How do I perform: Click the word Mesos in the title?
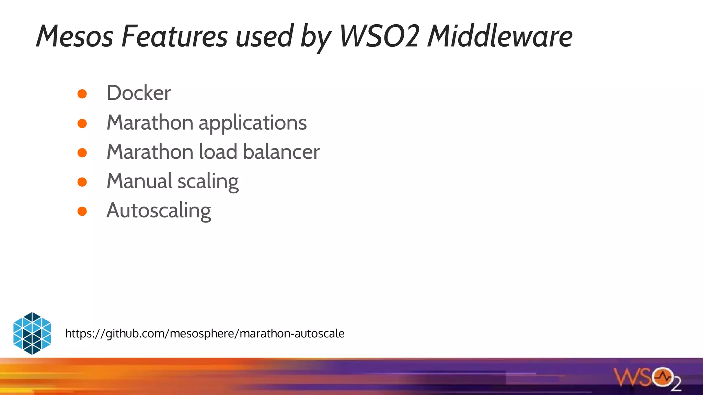pos(74,36)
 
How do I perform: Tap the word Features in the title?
pos(174,36)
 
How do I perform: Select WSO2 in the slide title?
pos(379,36)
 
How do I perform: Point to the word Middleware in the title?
pos(500,36)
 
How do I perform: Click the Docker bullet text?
pos(138,93)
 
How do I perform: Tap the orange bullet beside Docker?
pos(82,94)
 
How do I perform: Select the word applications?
pos(253,123)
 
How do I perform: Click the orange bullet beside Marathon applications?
pos(82,123)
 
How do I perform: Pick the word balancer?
pos(281,152)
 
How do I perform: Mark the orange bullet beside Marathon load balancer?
pos(82,153)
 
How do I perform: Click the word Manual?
pos(139,181)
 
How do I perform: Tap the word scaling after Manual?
pos(208,182)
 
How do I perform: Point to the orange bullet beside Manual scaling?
pos(82,182)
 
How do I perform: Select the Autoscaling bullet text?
pos(159,211)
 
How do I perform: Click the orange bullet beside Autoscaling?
pos(82,211)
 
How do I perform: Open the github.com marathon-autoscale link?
pos(205,333)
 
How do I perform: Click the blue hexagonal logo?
pos(32,333)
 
